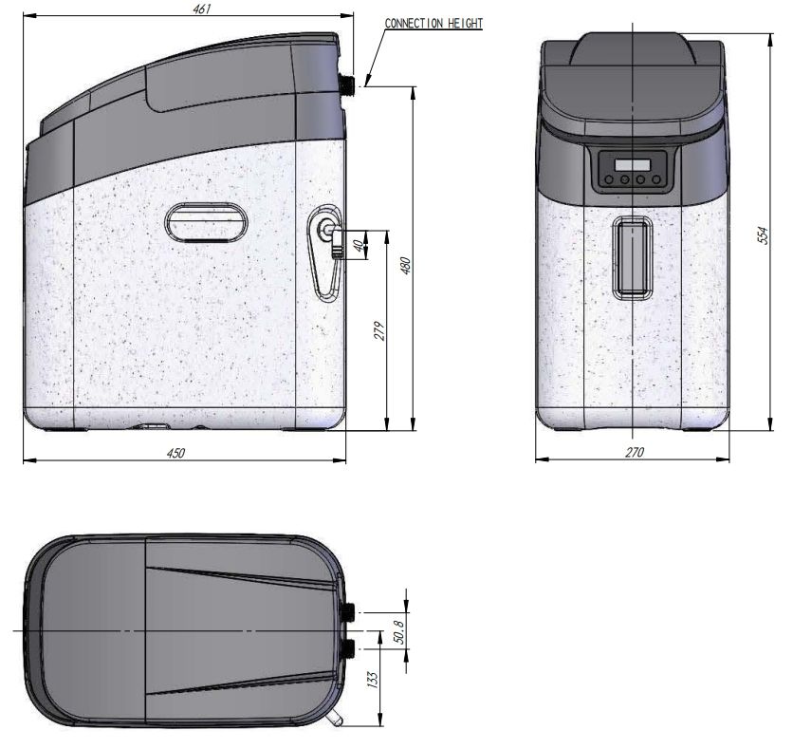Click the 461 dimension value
coord(202,9)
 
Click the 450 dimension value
coord(176,453)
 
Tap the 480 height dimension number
coord(406,266)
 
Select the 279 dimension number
coord(379,330)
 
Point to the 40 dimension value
coord(358,246)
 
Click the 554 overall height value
coord(764,235)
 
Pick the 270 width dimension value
coord(635,452)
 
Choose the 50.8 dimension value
coord(399,632)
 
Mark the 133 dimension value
coord(373,680)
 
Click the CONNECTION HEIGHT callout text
coord(433,24)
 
